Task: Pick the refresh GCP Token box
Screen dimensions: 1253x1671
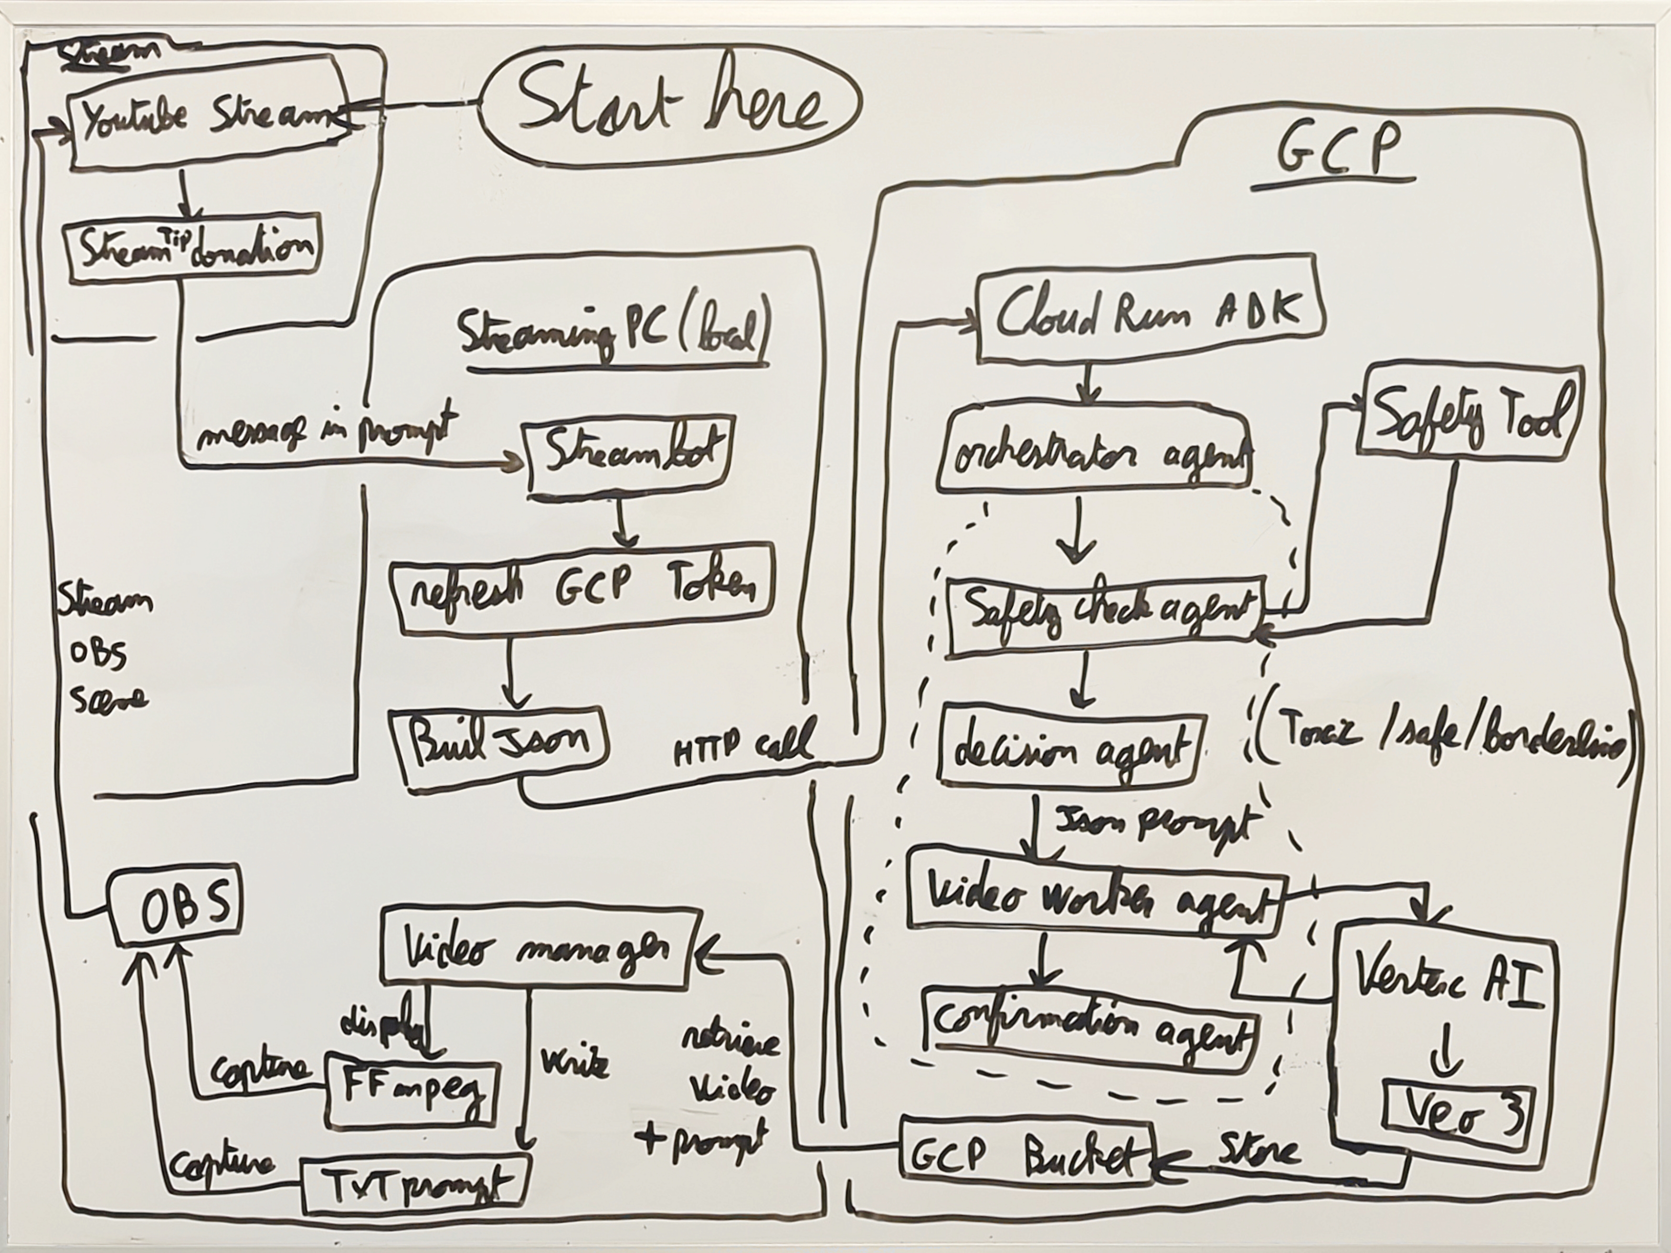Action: pos(582,589)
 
